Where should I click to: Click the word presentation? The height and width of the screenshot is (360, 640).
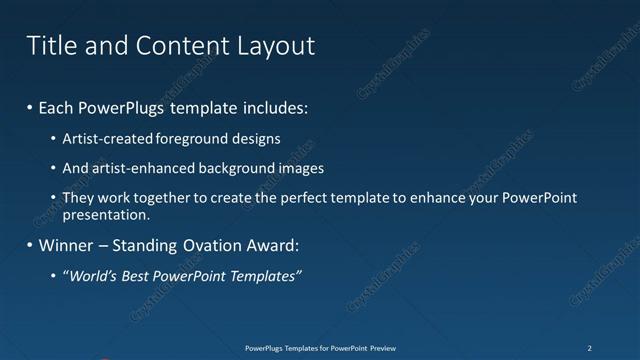pos(106,214)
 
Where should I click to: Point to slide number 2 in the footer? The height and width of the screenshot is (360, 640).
pos(590,347)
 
